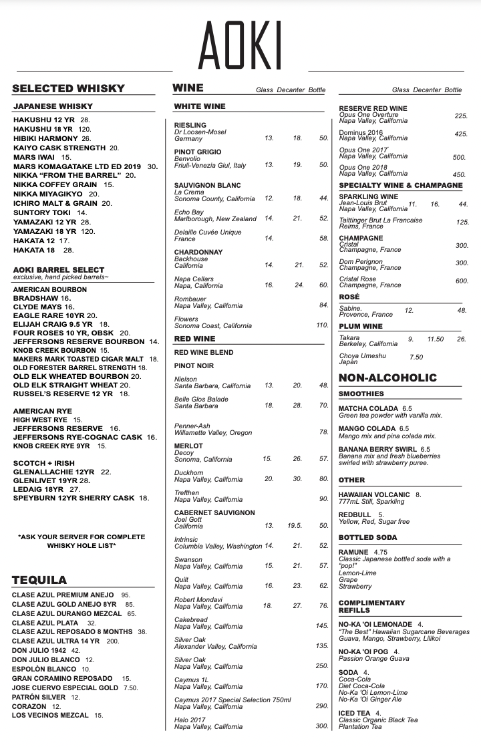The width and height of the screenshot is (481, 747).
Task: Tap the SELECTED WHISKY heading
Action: (x=68, y=88)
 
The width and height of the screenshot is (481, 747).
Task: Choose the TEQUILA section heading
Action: (x=39, y=579)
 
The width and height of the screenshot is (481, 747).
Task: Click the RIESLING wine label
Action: (x=190, y=125)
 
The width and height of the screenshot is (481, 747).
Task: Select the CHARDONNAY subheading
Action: (x=198, y=252)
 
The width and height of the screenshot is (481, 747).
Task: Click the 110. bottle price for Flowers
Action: (x=322, y=325)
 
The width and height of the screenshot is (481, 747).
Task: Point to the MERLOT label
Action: (x=188, y=446)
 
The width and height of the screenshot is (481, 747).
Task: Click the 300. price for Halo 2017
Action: (x=322, y=726)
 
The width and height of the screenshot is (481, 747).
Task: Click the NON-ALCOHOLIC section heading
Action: (x=387, y=378)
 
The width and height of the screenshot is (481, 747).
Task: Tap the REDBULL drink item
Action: (x=355, y=514)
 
